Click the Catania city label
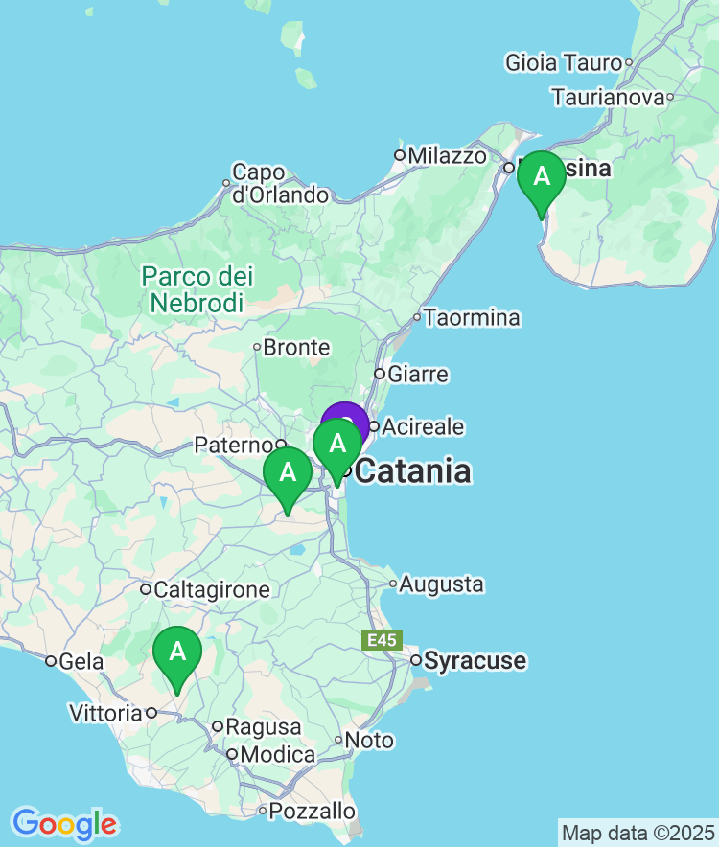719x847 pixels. [412, 471]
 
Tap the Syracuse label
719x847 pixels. [475, 660]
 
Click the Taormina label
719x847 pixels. [473, 317]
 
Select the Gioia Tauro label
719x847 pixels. [564, 63]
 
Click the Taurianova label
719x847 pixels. [608, 97]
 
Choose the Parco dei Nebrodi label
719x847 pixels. [197, 289]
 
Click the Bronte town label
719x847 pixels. [296, 347]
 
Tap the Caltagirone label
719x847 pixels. [213, 589]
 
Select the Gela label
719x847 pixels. [81, 660]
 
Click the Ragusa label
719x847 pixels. [264, 727]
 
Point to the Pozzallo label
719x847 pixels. [313, 811]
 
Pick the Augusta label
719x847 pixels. [442, 584]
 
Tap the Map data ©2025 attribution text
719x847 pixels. [637, 832]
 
